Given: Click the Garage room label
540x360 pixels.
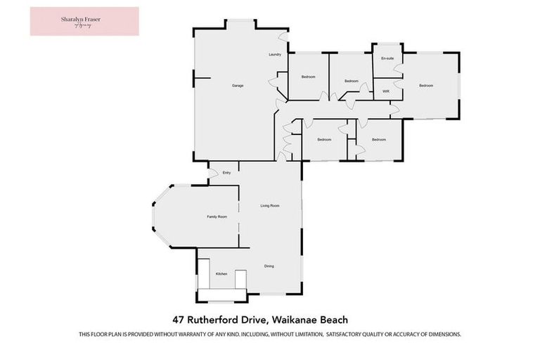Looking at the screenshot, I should pyautogui.click(x=238, y=86).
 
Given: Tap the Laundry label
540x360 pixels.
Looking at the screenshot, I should pyautogui.click(x=275, y=55).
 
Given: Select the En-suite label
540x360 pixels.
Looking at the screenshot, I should pyautogui.click(x=387, y=59).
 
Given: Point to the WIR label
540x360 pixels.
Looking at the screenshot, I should pyautogui.click(x=386, y=91).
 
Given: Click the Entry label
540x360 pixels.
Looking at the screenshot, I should pyautogui.click(x=226, y=172).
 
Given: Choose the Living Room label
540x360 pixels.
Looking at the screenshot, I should pyautogui.click(x=270, y=205).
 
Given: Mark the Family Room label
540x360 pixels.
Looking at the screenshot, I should pyautogui.click(x=217, y=217).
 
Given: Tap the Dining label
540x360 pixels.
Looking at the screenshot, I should pyautogui.click(x=269, y=266).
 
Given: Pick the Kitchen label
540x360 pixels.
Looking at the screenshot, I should pyautogui.click(x=221, y=274).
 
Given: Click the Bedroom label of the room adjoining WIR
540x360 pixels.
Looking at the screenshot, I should pyautogui.click(x=426, y=86).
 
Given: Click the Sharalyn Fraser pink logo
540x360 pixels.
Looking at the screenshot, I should pyautogui.click(x=84, y=21).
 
